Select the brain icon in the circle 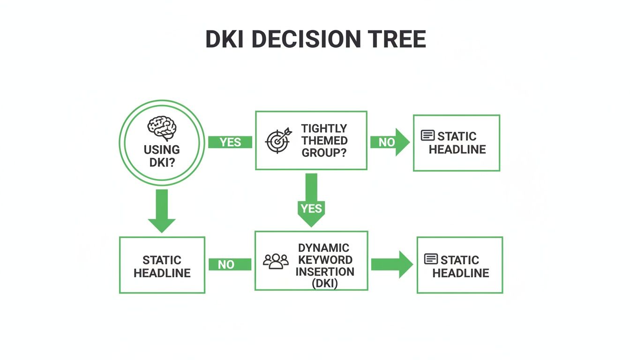(x=162, y=127)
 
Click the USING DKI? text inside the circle (x=162, y=156)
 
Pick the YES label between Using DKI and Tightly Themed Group (x=230, y=142)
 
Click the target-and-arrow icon (x=278, y=139)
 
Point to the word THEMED (x=324, y=140)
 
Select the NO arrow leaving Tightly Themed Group (x=390, y=142)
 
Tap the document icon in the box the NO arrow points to (x=427, y=136)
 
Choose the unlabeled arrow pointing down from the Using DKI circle (x=162, y=210)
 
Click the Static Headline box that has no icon (x=162, y=265)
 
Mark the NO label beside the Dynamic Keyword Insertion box (x=226, y=264)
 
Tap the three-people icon (x=276, y=261)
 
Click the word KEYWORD (x=325, y=260)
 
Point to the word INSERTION (x=325, y=271)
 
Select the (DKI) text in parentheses (x=325, y=283)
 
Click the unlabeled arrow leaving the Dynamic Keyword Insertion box (x=392, y=264)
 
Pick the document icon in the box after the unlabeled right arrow (x=431, y=259)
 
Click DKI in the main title (x=228, y=39)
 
